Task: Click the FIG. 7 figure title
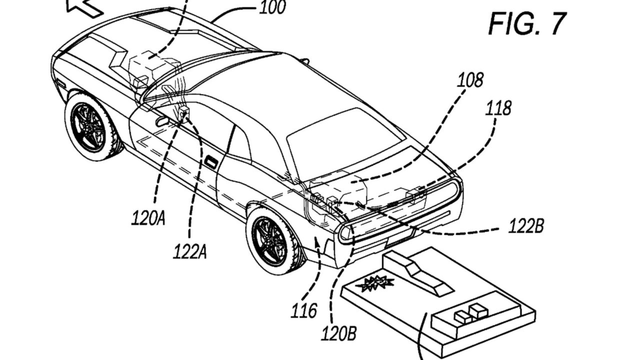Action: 527,23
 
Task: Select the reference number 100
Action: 272,7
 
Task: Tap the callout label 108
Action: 470,80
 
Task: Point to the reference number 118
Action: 498,108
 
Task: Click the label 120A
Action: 148,219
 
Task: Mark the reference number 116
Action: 304,310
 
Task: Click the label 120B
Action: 339,333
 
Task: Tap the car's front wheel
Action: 92,127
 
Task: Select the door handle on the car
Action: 211,162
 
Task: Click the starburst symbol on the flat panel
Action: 374,283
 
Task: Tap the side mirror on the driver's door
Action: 161,121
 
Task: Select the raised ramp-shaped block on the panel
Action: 417,272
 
